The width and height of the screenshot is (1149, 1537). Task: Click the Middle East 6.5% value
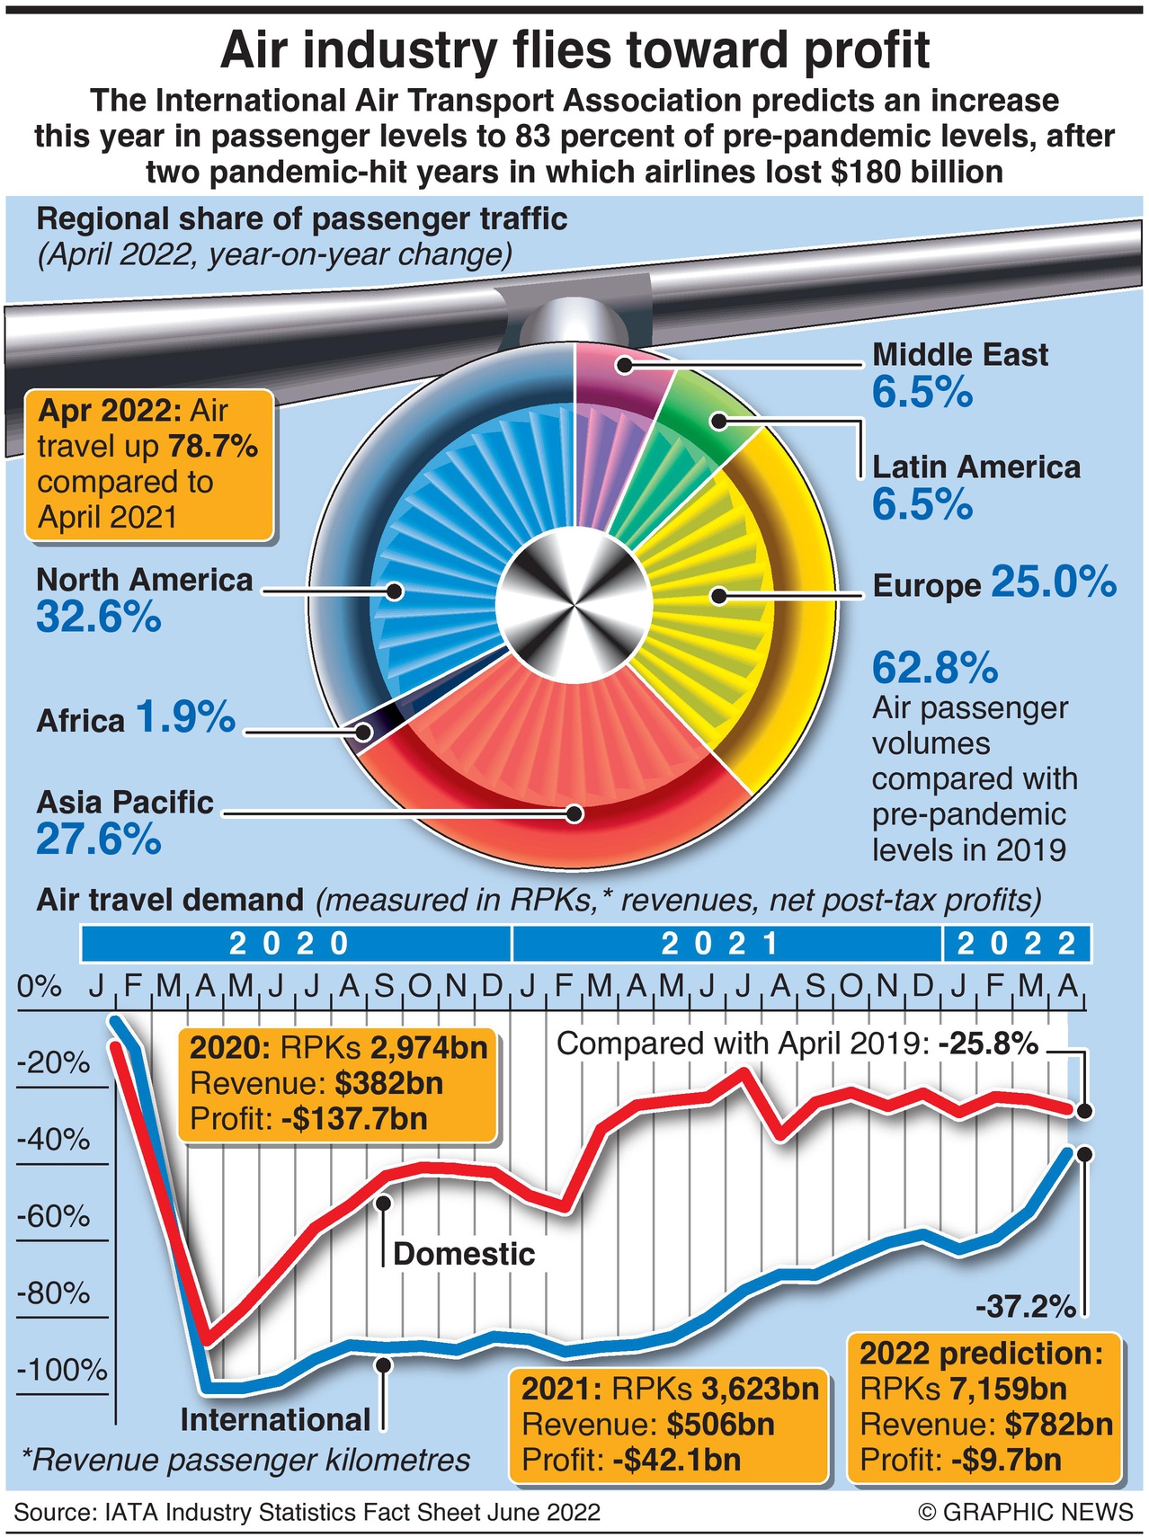pyautogui.click(x=922, y=393)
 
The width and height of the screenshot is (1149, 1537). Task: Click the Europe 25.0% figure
pyautogui.click(x=1054, y=582)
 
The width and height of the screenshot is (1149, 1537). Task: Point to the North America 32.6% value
pyautogui.click(x=99, y=617)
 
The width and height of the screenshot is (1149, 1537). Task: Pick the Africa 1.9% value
pyautogui.click(x=186, y=717)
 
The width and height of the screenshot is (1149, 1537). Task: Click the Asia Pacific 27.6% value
pyautogui.click(x=99, y=840)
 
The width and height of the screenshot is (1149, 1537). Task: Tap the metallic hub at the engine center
pyautogui.click(x=574, y=594)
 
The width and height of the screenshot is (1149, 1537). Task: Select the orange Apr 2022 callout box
pyautogui.click(x=149, y=464)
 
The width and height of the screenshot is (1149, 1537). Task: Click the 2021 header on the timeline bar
pyautogui.click(x=721, y=944)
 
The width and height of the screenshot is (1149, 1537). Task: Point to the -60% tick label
pyautogui.click(x=54, y=1217)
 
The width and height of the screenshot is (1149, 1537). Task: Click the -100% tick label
pyautogui.click(x=61, y=1371)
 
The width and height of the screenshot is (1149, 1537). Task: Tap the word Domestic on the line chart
pyautogui.click(x=464, y=1254)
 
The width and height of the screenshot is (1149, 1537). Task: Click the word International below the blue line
pyautogui.click(x=275, y=1420)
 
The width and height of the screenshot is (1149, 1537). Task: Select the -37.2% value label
pyautogui.click(x=1026, y=1307)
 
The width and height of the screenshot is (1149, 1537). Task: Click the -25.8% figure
pyautogui.click(x=988, y=1044)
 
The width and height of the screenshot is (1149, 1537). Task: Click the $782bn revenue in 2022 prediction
pyautogui.click(x=1059, y=1425)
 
